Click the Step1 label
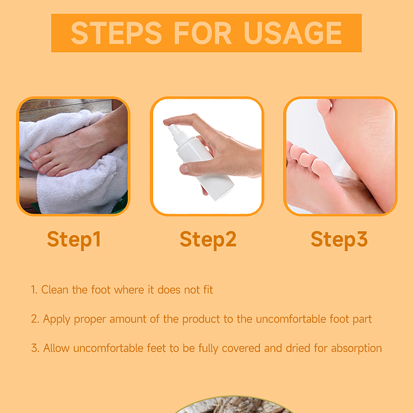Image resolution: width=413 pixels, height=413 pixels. [74, 240]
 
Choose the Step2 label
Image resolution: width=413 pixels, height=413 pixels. [208, 240]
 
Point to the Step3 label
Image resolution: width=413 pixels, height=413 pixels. [339, 240]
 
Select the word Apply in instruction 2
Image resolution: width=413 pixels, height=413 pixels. [57, 319]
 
